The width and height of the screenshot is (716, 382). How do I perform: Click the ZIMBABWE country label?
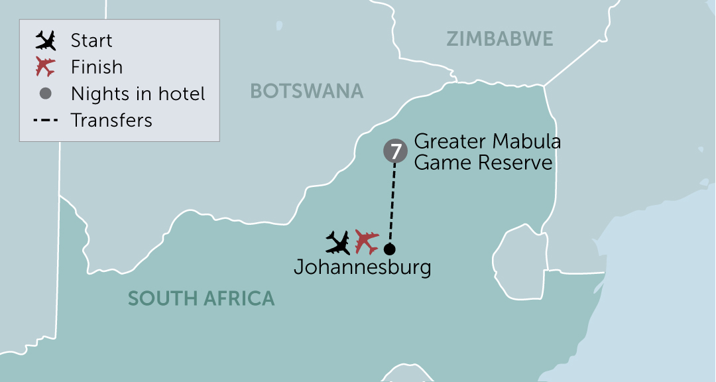499,39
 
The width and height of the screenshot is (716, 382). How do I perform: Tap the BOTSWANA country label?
307,91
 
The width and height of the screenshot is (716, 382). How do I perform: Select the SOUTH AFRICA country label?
201,298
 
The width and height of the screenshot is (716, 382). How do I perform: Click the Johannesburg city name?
362,267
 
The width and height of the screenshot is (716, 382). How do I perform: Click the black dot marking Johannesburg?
389,249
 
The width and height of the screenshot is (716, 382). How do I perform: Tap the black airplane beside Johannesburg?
338,242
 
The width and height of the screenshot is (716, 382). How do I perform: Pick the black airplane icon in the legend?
46,41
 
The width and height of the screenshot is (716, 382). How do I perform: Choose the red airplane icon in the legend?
46,67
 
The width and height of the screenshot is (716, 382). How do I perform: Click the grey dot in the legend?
46,94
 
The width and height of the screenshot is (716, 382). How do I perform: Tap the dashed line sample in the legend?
46,121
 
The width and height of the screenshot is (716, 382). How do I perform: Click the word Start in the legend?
91,41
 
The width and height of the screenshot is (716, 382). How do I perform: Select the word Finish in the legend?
97,67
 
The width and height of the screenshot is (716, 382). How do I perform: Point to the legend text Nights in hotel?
138,94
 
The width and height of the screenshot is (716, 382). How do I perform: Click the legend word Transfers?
111,121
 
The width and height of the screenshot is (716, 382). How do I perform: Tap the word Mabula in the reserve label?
528,141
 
